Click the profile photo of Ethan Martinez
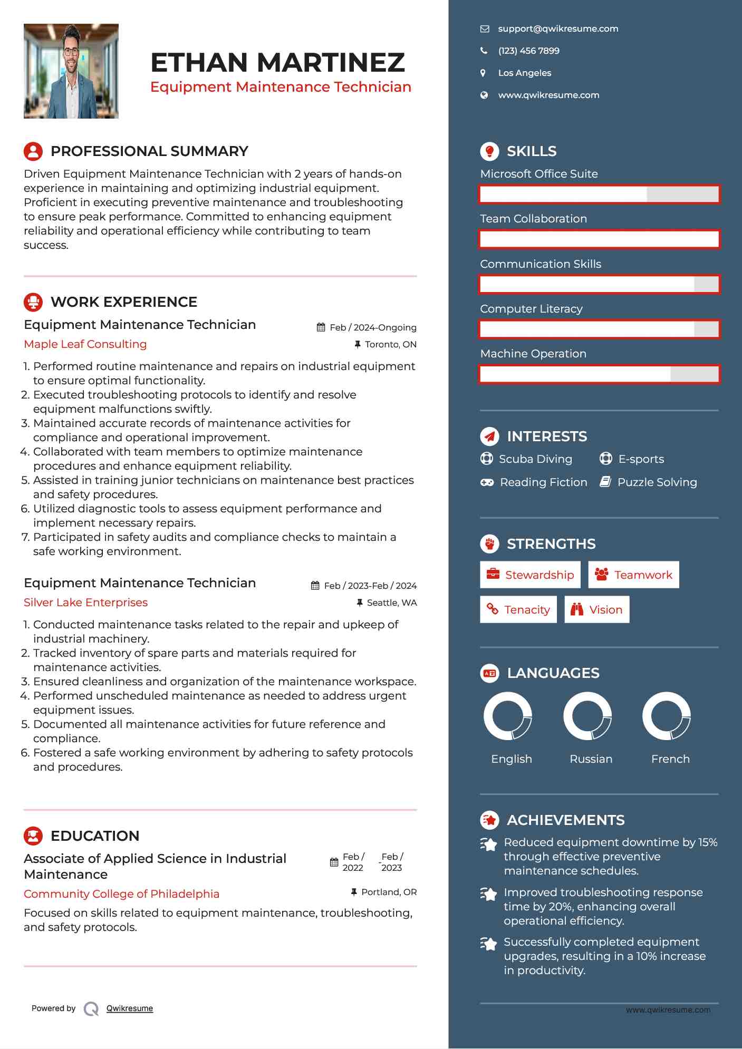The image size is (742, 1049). [x=71, y=71]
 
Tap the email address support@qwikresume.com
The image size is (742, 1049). [x=557, y=29]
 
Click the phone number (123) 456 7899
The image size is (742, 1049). [x=528, y=51]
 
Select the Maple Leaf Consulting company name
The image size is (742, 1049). [x=85, y=344]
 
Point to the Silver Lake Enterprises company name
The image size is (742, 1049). [x=85, y=603]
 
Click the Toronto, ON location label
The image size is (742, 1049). [x=390, y=345]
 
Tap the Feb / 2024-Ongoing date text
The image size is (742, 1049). [x=372, y=328]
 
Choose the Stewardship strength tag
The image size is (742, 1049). [x=530, y=575]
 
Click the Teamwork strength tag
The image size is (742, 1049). [x=633, y=575]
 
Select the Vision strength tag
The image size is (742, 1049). [x=596, y=610]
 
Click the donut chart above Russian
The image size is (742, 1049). [x=587, y=716]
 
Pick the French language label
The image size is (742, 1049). [x=670, y=759]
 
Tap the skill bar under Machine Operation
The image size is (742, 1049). [x=599, y=374]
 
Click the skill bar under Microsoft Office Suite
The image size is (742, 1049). [x=599, y=195]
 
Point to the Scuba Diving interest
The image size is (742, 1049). [x=535, y=459]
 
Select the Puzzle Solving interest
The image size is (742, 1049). [x=657, y=482]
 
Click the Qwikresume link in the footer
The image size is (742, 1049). [x=129, y=1008]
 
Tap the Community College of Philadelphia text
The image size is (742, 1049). [x=121, y=894]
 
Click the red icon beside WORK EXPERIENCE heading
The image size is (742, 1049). [x=33, y=302]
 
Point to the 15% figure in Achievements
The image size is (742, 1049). [x=707, y=842]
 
